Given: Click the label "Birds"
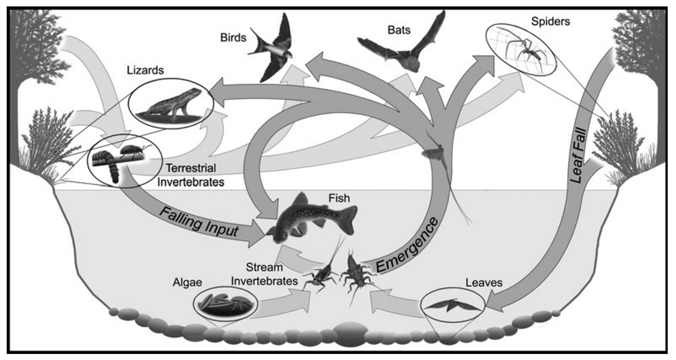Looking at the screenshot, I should (x=233, y=38).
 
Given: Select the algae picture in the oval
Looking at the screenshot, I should (x=225, y=303).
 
